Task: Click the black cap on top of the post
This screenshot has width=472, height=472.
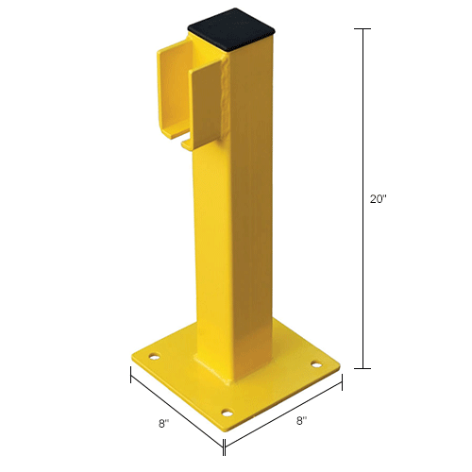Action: click(232, 36)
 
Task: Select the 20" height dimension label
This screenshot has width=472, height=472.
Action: click(378, 199)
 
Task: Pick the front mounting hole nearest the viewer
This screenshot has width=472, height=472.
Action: click(227, 411)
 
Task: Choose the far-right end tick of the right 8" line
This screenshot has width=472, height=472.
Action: click(342, 381)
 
